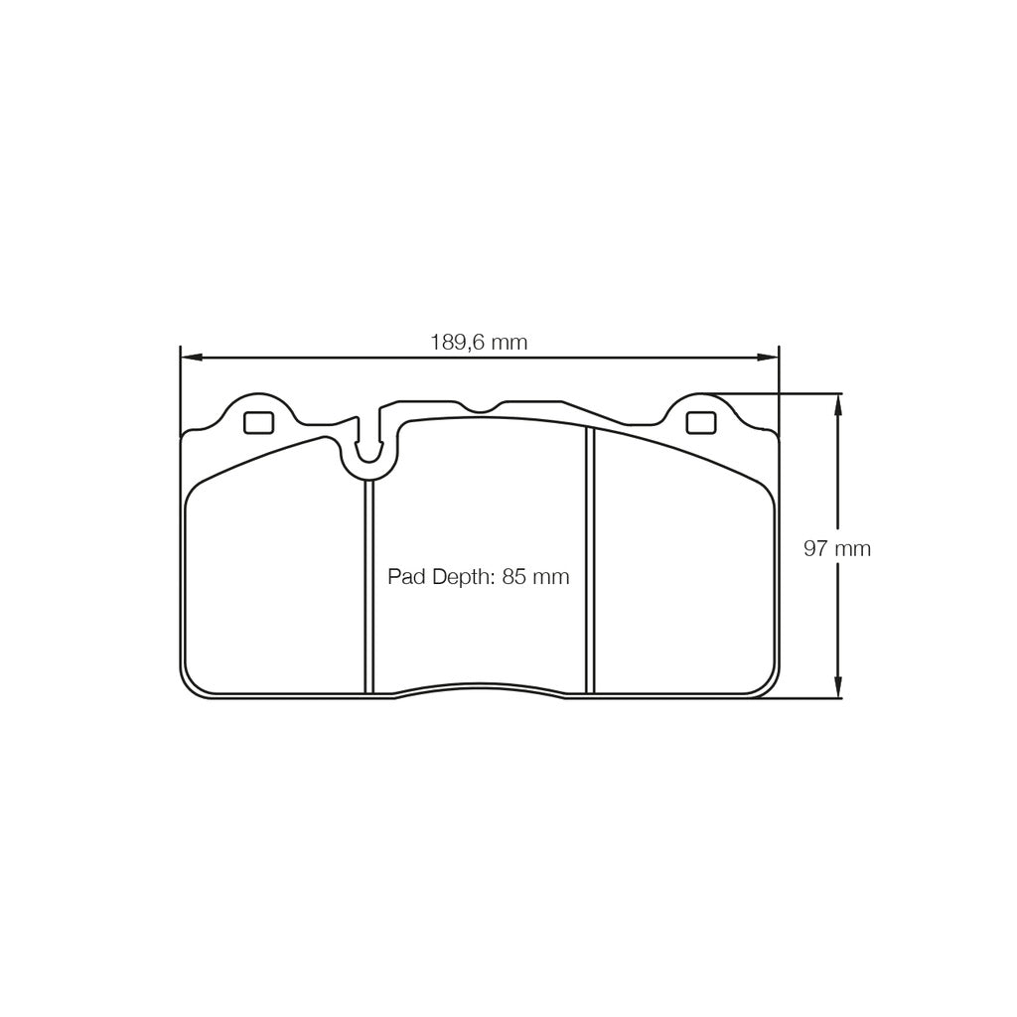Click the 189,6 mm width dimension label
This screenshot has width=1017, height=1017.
478,343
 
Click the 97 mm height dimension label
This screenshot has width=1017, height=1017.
837,548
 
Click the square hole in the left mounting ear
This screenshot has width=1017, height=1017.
258,422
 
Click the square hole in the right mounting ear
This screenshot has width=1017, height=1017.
700,422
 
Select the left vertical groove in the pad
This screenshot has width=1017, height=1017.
368,586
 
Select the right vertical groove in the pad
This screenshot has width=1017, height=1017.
590,561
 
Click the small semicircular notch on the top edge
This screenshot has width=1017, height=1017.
482,407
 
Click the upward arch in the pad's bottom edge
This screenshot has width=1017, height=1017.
481,685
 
